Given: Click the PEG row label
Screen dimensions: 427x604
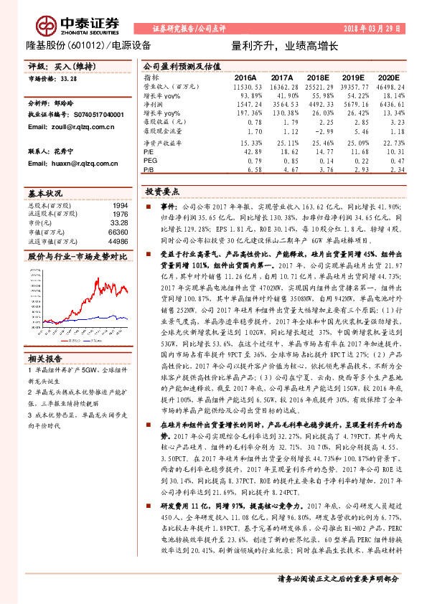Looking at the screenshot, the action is pos(150,161).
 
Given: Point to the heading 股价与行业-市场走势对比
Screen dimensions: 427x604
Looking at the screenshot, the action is pos(77,255).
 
